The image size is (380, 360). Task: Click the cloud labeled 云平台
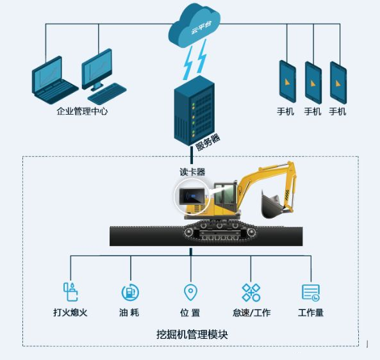coord(194,25)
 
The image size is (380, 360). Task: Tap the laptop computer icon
coord(54,81)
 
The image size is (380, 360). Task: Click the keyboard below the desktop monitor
coord(106,94)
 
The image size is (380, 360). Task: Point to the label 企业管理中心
coord(82,111)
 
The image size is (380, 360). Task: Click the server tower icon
coord(194,110)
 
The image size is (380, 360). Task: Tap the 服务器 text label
coord(208,142)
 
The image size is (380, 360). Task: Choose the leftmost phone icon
coord(288,81)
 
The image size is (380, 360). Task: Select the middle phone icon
coord(313,83)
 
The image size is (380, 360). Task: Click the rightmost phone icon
coord(338,83)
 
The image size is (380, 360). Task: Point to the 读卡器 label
coord(192,172)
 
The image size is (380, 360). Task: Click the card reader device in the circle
coord(192,196)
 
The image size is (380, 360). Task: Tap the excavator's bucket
coord(272,204)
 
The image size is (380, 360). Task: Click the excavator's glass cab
coord(224,194)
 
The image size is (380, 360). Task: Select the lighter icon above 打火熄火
coord(70,291)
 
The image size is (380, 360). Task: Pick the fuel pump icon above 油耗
coord(130,292)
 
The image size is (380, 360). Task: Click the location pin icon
coord(191,292)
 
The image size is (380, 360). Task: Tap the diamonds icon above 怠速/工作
coord(251,292)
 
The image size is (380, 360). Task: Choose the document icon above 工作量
coord(311,293)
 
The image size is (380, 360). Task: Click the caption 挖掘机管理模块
coord(192,334)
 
